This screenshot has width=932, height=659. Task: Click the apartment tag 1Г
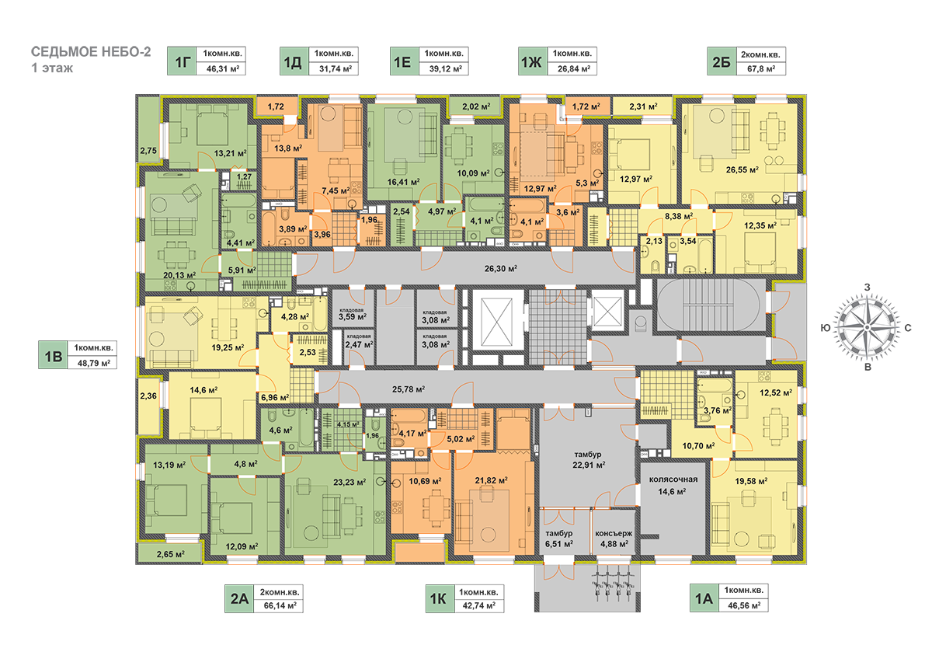pyautogui.click(x=182, y=61)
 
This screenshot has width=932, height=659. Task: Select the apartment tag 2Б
pyautogui.click(x=718, y=61)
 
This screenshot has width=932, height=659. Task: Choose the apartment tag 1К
pyautogui.click(x=436, y=598)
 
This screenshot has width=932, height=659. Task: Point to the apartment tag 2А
pyautogui.click(x=238, y=598)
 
